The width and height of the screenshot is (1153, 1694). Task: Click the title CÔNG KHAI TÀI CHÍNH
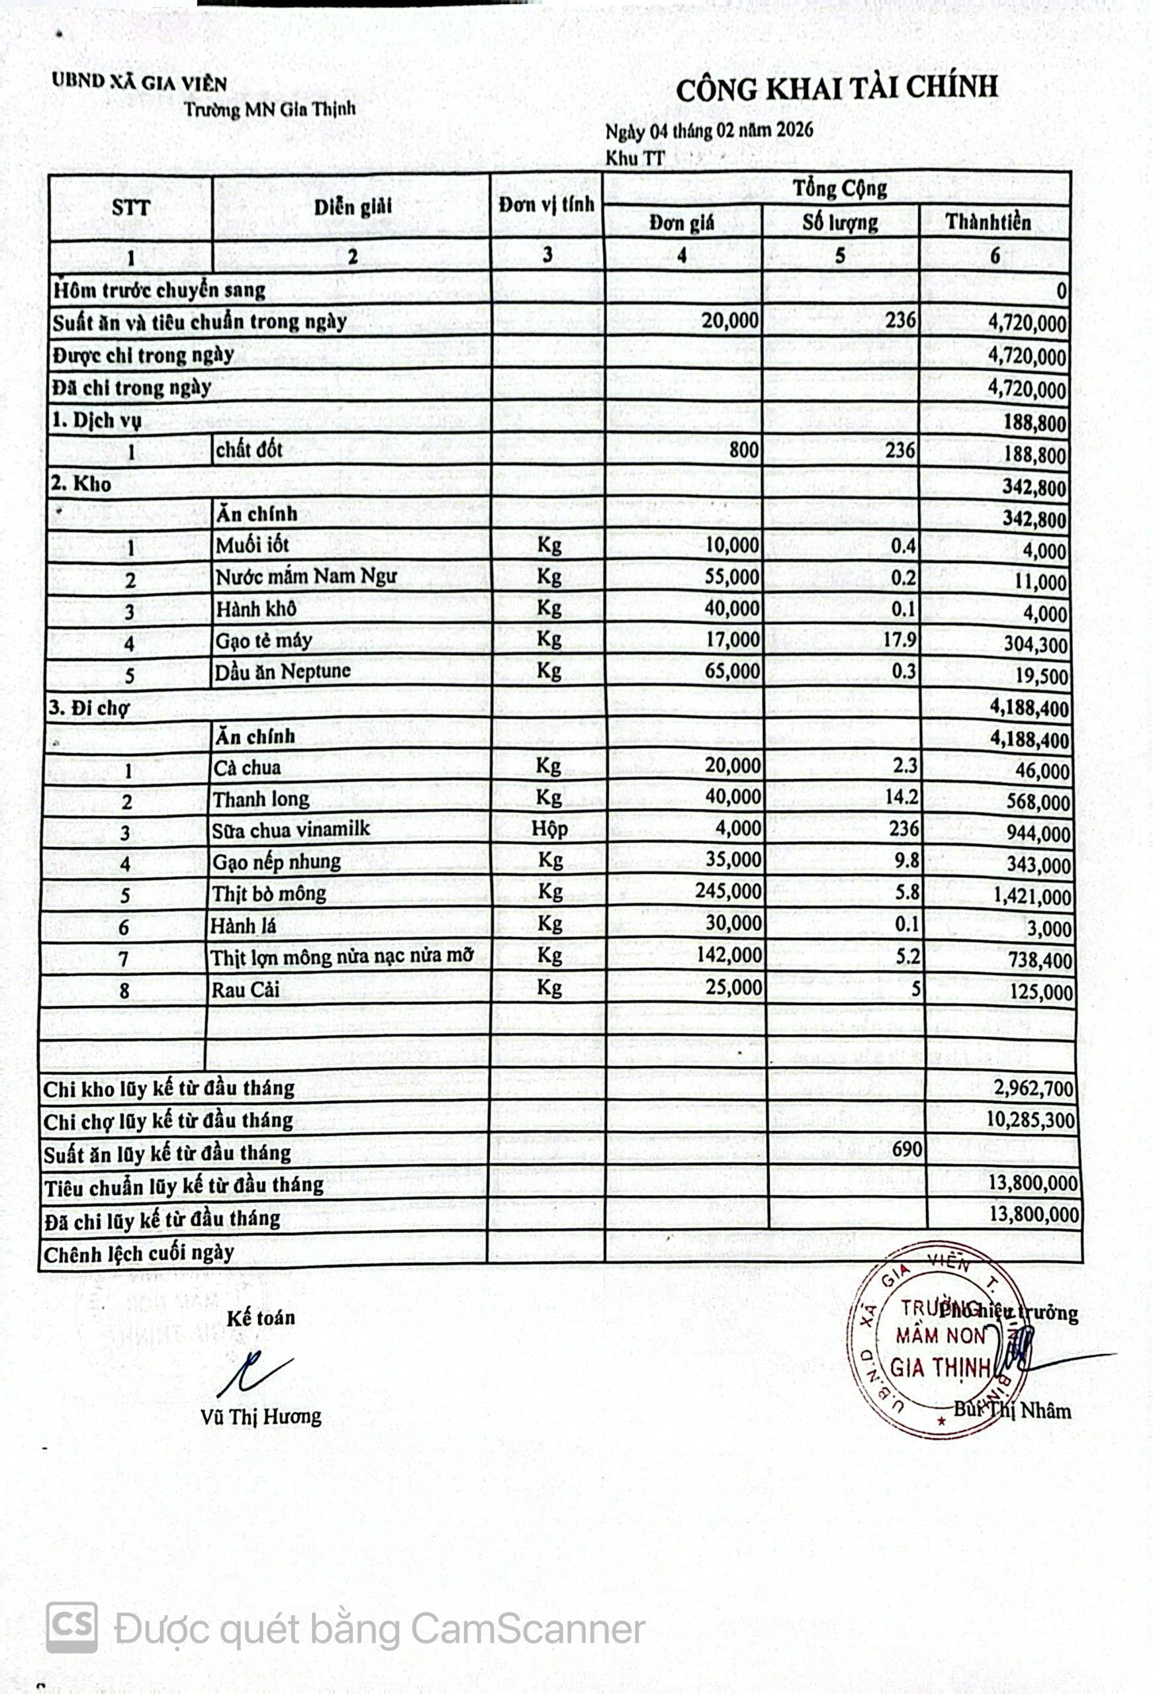(836, 89)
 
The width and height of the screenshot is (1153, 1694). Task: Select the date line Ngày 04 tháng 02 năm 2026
(709, 131)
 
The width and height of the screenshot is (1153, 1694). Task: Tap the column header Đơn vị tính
(546, 205)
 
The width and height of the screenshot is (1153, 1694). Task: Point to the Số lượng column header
(839, 222)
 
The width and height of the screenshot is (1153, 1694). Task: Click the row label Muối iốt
(252, 545)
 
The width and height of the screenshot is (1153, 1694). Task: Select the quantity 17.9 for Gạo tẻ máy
(901, 639)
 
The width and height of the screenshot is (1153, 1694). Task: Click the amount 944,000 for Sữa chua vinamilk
(1039, 834)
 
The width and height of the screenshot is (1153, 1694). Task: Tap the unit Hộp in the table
(549, 828)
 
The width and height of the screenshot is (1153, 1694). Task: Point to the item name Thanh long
(261, 799)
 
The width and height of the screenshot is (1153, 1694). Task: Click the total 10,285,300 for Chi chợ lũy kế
(1031, 1119)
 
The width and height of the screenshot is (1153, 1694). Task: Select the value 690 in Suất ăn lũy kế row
(907, 1149)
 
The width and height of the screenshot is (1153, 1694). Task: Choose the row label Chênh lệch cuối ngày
(138, 1254)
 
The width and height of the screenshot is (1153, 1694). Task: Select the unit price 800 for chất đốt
(743, 450)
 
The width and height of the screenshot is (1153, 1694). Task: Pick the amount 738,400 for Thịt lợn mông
(1040, 960)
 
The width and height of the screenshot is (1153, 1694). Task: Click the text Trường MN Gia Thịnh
(270, 109)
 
